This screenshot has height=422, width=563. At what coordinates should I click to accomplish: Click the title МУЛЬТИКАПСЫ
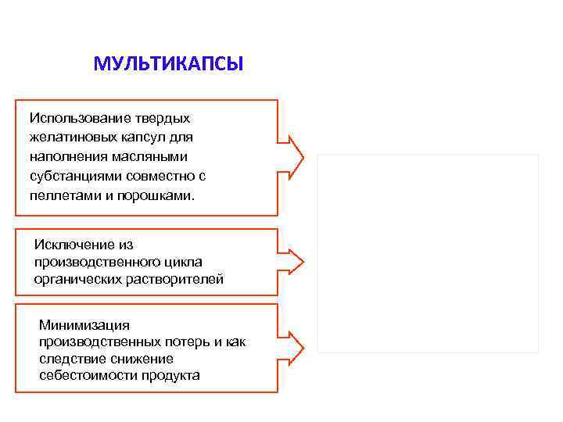[168, 63]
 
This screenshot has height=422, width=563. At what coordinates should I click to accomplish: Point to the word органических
[77, 279]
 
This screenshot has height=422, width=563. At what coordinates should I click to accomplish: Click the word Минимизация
[84, 325]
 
